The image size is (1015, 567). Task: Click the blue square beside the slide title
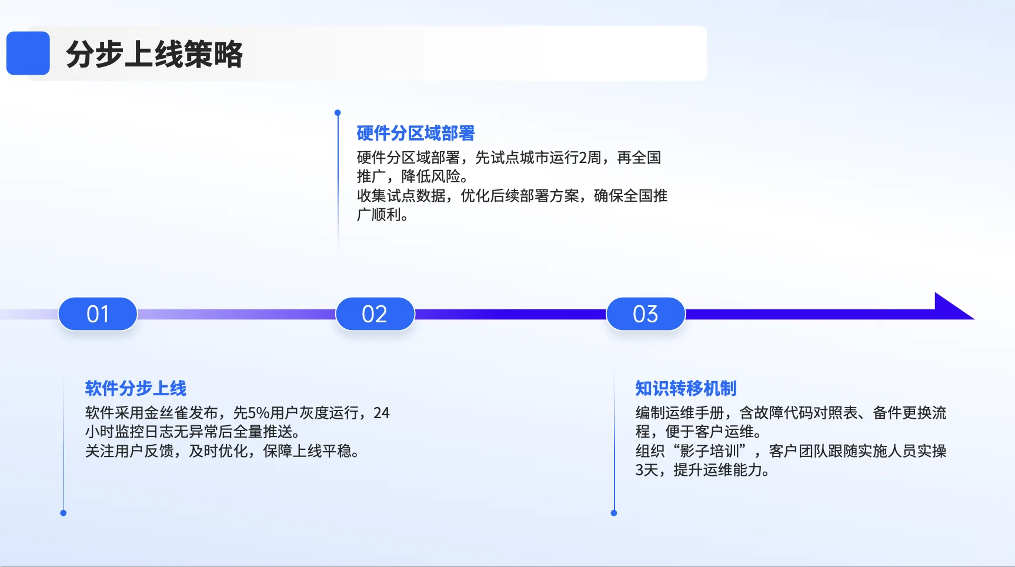(28, 53)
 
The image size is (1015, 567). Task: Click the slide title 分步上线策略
(154, 54)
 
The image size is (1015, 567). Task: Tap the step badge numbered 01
(98, 314)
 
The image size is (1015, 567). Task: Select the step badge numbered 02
(375, 314)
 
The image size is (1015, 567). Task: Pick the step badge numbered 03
(645, 314)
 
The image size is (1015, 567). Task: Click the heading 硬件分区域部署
(415, 134)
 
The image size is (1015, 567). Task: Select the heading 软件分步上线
(135, 388)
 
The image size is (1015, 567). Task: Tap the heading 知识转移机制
(686, 388)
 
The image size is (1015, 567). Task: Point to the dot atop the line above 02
(338, 112)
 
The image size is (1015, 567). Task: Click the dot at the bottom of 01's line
(64, 513)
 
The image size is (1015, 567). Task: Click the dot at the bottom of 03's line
(614, 513)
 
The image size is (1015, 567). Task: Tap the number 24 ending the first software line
(381, 413)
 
